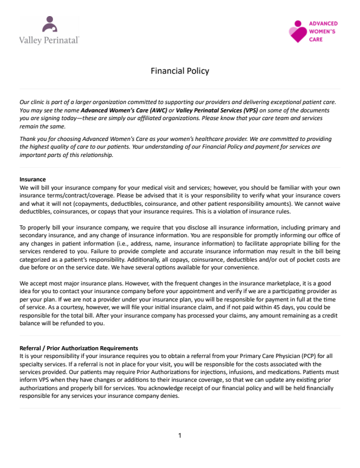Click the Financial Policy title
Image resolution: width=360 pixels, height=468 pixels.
point(179,71)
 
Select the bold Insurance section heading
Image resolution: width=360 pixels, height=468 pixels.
point(33,179)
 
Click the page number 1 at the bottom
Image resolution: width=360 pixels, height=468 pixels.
point(180,436)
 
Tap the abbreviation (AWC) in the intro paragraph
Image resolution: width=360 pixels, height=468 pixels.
point(159,111)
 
